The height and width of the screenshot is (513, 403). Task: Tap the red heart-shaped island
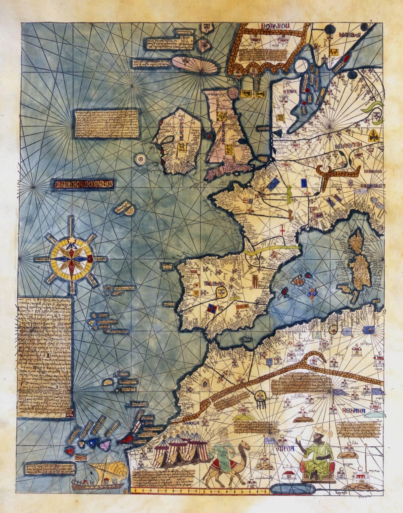(x=70, y=451)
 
